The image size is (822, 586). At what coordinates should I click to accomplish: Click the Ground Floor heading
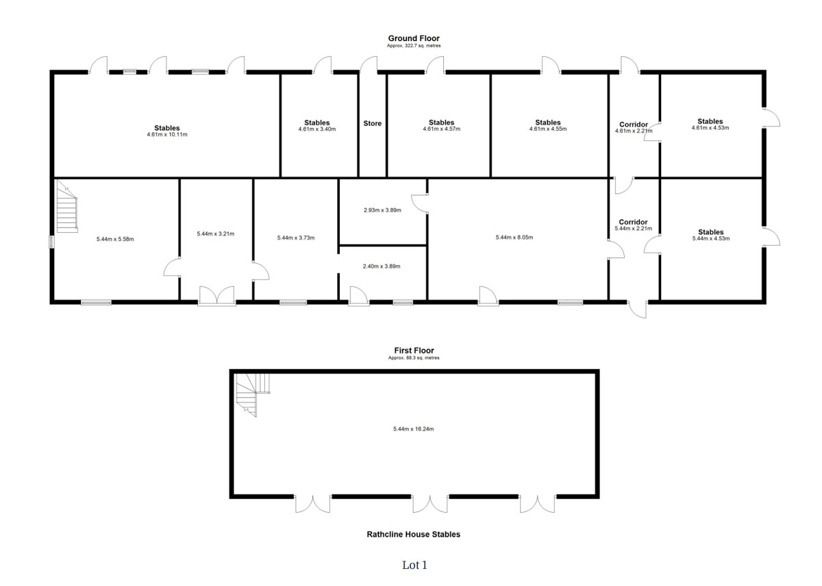click(x=414, y=38)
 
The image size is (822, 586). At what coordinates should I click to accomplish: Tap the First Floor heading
click(x=414, y=351)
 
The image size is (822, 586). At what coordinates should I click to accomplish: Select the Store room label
click(x=373, y=124)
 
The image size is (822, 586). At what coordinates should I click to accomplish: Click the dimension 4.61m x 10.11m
click(x=167, y=135)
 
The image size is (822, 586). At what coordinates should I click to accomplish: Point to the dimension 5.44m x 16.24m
click(x=414, y=429)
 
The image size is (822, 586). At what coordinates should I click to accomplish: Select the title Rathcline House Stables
click(x=414, y=535)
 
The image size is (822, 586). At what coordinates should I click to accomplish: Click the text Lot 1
click(x=414, y=565)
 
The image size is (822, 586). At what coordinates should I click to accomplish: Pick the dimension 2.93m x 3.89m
click(x=382, y=210)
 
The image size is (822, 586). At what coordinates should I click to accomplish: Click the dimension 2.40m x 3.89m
click(x=382, y=266)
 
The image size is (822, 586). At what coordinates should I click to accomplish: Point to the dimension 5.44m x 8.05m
click(x=514, y=238)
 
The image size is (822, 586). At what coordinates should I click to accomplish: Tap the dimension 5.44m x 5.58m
click(x=116, y=239)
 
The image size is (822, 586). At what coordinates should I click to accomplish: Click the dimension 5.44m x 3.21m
click(x=215, y=234)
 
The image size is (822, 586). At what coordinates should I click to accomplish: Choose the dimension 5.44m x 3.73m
click(x=296, y=238)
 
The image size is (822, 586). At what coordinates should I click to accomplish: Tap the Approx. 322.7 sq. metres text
click(x=414, y=46)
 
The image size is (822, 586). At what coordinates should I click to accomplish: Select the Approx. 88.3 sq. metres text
click(x=414, y=358)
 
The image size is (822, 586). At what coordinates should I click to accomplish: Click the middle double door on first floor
click(x=431, y=504)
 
